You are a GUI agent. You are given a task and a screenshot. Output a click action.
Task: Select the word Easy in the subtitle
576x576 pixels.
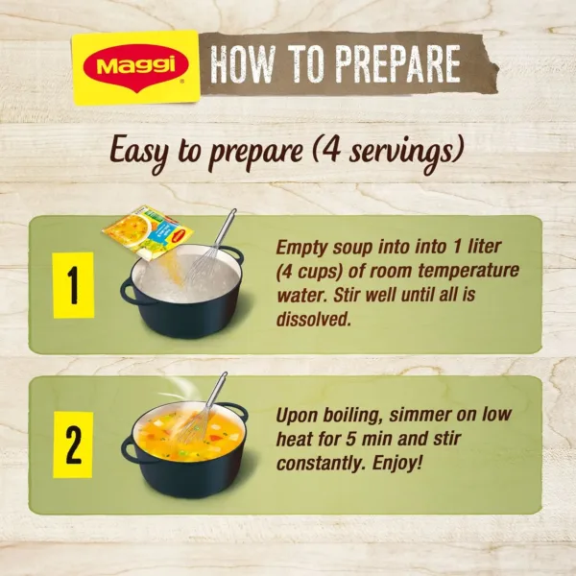144,151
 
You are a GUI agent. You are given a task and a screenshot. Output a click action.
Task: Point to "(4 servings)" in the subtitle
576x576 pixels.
393,151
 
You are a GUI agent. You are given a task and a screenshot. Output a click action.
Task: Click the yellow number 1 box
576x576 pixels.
73,285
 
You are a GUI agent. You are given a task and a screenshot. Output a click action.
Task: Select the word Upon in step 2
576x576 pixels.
298,416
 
